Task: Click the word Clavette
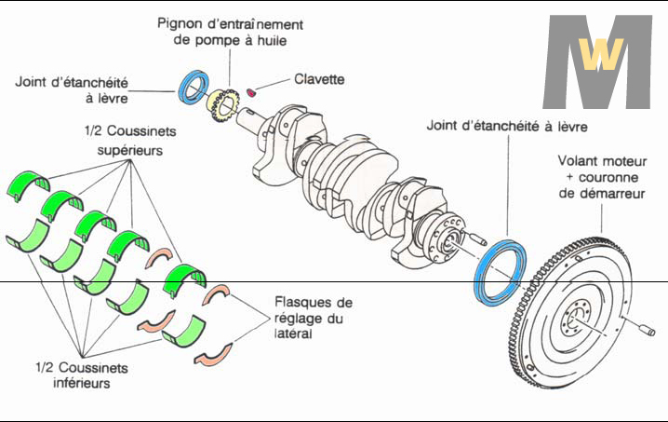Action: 319,80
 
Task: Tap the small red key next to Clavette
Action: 253,90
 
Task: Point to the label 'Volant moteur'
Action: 598,160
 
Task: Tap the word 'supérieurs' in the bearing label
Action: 130,148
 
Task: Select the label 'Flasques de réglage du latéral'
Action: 314,319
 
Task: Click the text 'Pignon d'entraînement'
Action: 230,23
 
